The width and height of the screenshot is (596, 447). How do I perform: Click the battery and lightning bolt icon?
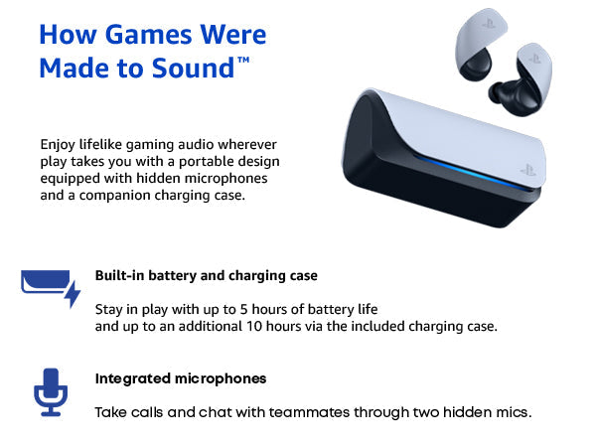click(50, 288)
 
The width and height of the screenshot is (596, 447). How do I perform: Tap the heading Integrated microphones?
click(181, 378)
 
